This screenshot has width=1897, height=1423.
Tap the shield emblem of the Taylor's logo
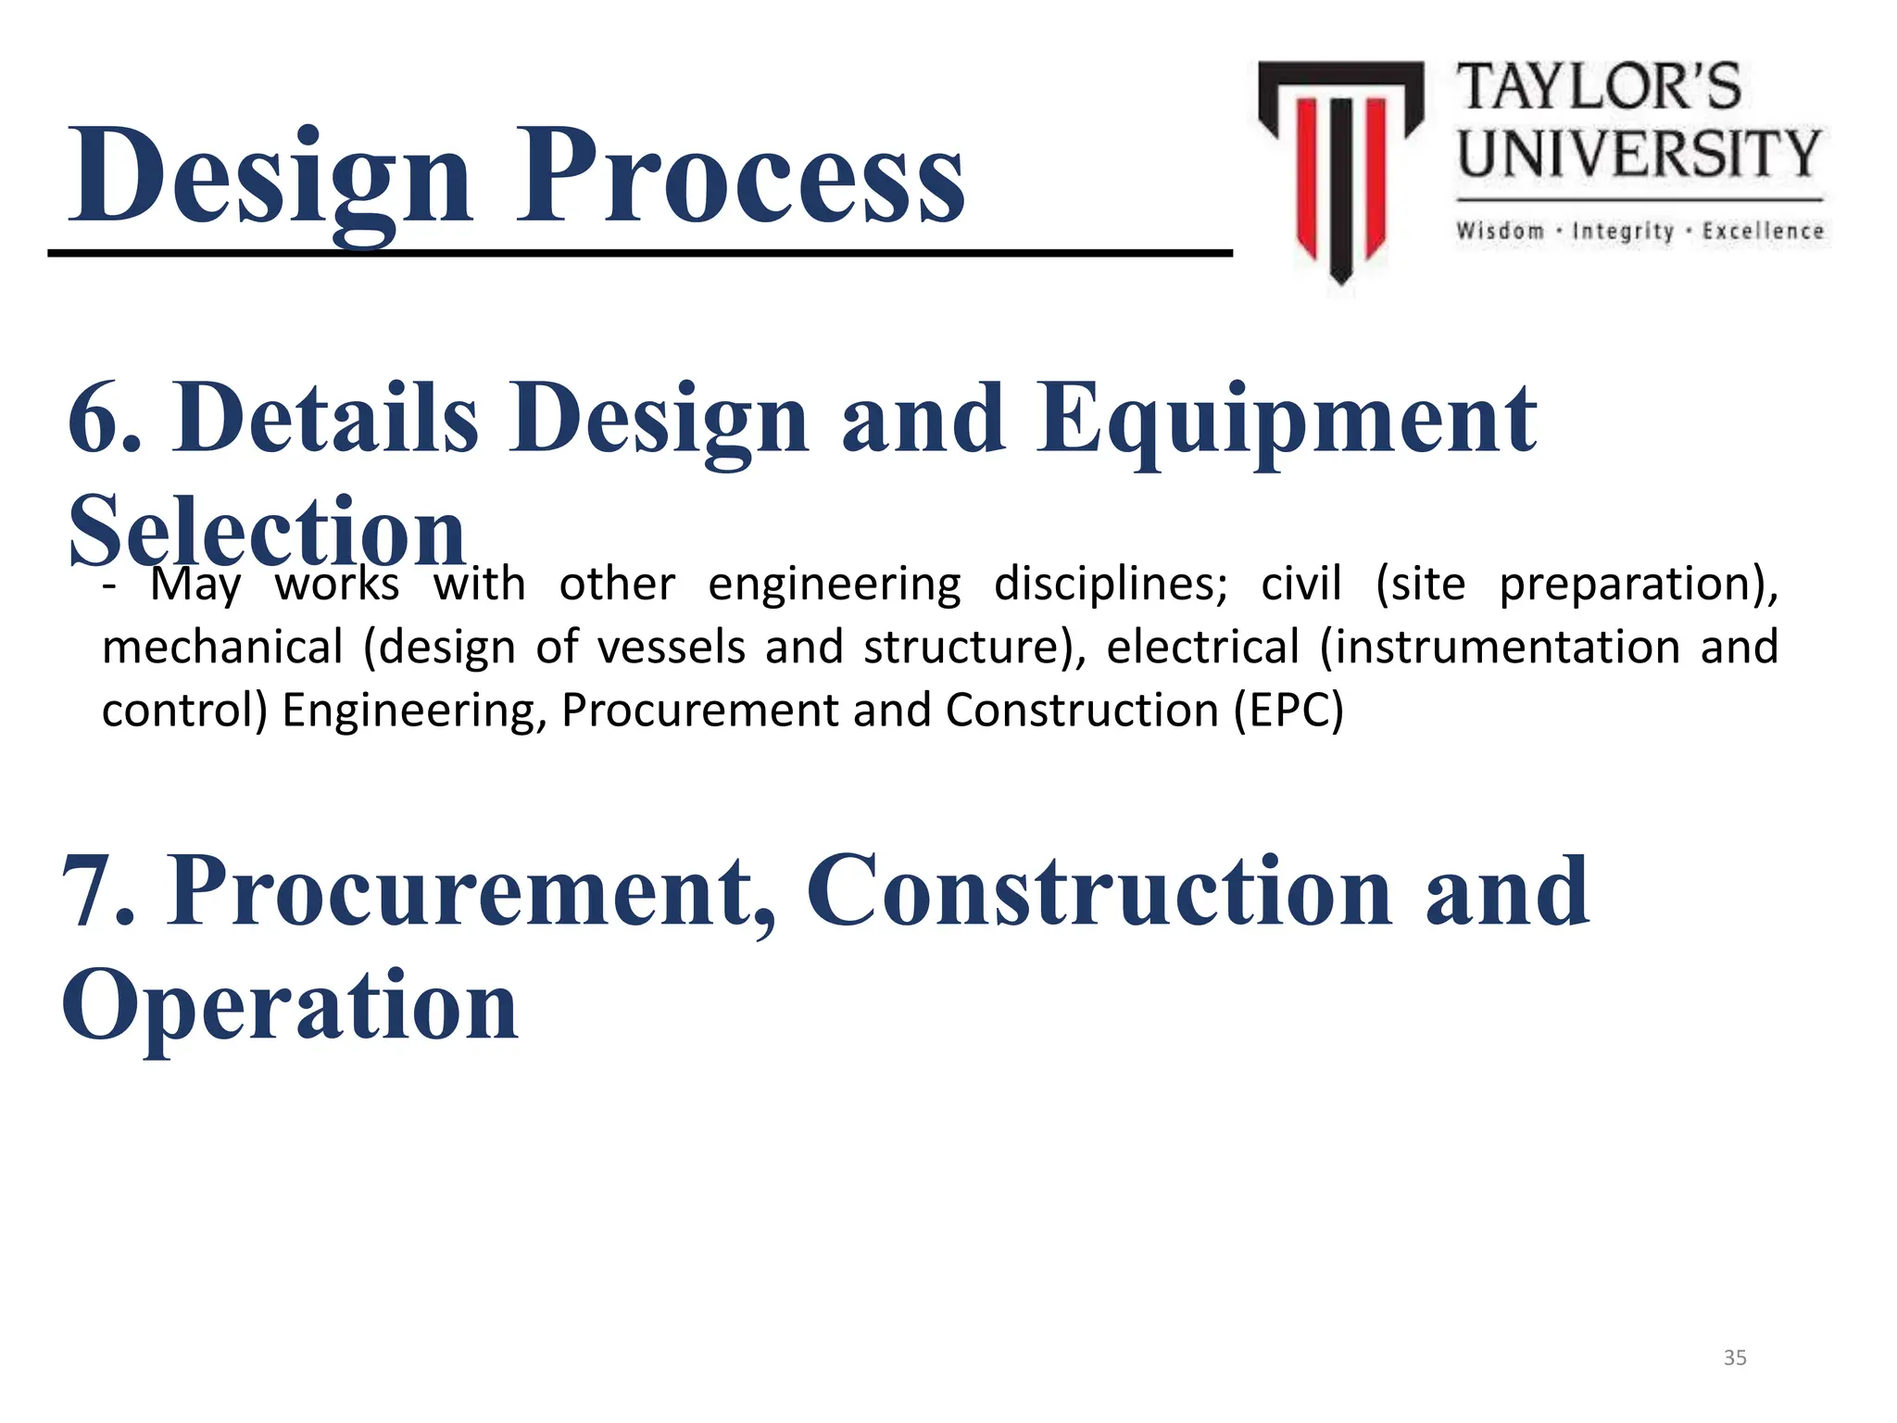point(1340,167)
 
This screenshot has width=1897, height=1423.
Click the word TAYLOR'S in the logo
point(1599,88)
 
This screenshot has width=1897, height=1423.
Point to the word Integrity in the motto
point(1623,231)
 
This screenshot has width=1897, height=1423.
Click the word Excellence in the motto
point(1763,231)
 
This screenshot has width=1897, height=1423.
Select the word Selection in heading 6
point(267,533)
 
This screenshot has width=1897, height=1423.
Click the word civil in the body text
point(1300,585)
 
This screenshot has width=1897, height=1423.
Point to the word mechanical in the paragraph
point(222,648)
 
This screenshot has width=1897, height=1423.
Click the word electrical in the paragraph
point(1202,648)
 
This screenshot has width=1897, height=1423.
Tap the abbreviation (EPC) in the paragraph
point(1288,711)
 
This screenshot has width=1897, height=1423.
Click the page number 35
point(1735,1358)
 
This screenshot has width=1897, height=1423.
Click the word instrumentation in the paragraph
point(1501,648)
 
